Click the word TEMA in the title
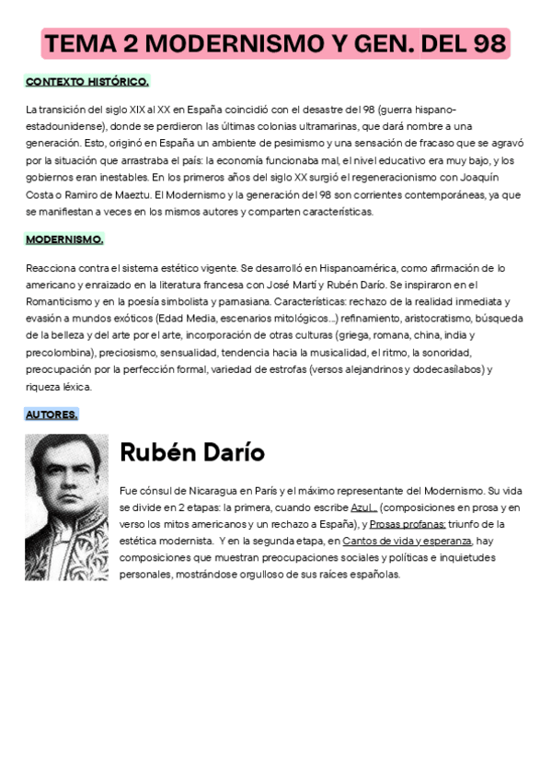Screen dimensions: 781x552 pos(78,43)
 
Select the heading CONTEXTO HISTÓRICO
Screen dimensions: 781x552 pos(86,81)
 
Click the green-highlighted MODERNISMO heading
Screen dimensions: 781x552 pos(64,239)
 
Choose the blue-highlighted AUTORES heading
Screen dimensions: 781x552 pos(52,414)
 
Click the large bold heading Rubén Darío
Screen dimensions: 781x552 pos(192,452)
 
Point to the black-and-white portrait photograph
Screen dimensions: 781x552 pos(66,507)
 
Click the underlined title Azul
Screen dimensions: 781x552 pos(364,507)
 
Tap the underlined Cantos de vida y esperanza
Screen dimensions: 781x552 pos(407,541)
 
